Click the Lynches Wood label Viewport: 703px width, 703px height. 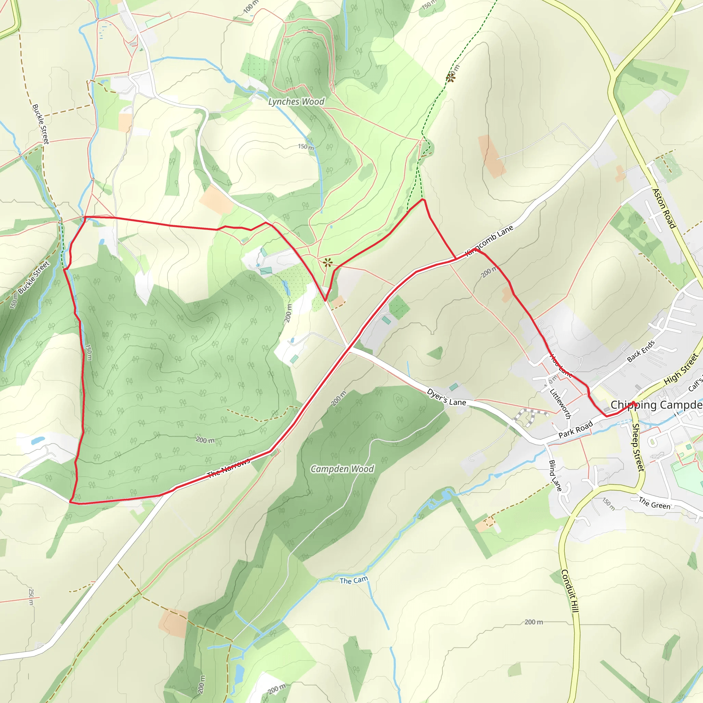[296, 102]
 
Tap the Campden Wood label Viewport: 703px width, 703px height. [342, 469]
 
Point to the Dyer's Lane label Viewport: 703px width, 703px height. [446, 397]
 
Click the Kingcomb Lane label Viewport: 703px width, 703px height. [489, 241]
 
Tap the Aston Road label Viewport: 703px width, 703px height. [664, 208]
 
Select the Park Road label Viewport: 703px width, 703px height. [576, 429]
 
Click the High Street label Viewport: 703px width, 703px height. [681, 369]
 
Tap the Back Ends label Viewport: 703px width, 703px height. [641, 351]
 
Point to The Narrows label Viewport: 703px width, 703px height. [229, 468]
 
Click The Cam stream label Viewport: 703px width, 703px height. [354, 580]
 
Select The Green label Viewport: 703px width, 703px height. [655, 503]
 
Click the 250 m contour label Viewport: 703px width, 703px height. [31, 596]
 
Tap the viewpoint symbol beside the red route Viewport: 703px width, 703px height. [327, 262]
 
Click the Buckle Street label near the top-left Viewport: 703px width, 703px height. [41, 124]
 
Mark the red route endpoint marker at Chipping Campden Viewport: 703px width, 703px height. [634, 403]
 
